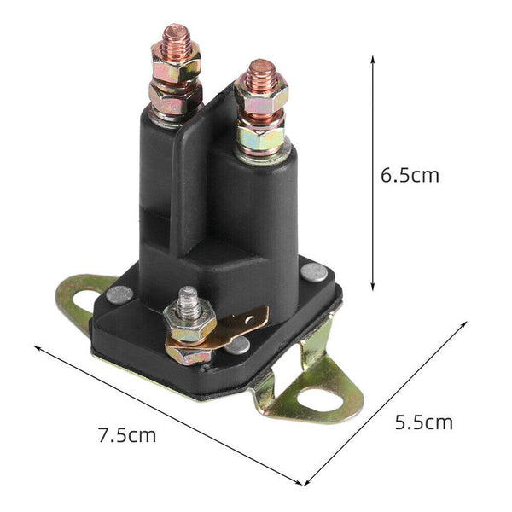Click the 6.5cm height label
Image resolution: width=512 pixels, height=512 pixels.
tap(410, 176)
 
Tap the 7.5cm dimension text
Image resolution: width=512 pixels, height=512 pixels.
tap(127, 434)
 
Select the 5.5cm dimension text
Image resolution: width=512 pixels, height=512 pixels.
tap(423, 422)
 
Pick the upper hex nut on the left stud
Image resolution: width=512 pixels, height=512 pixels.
tap(177, 64)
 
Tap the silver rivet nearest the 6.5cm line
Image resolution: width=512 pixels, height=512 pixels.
tap(315, 271)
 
